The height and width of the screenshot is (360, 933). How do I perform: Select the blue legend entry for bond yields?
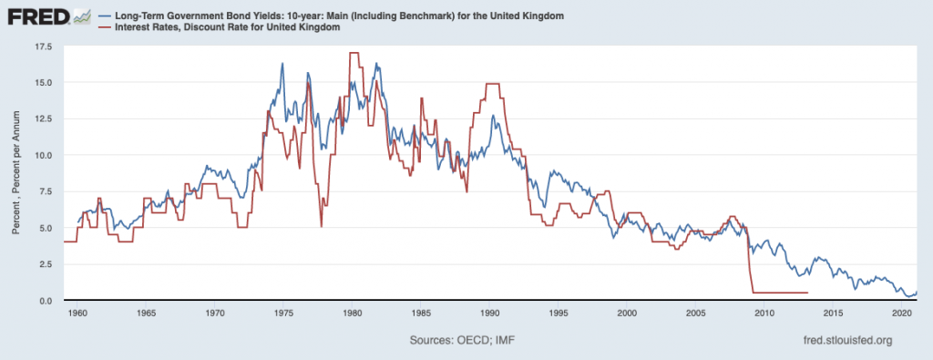[334, 15]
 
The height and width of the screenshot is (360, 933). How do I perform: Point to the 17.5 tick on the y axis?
[44, 46]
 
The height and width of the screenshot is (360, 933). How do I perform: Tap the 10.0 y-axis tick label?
[44, 155]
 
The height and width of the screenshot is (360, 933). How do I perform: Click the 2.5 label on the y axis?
[46, 264]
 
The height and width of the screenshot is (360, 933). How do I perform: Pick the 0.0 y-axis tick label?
[46, 301]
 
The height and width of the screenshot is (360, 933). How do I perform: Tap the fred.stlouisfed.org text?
[848, 340]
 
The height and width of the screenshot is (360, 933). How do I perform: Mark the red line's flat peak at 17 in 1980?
[354, 53]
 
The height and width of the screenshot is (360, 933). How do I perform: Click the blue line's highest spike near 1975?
[282, 63]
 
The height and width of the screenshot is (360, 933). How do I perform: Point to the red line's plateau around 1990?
[492, 83]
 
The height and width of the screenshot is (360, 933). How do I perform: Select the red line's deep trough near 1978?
[322, 227]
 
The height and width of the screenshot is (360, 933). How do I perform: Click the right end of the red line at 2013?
[808, 293]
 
